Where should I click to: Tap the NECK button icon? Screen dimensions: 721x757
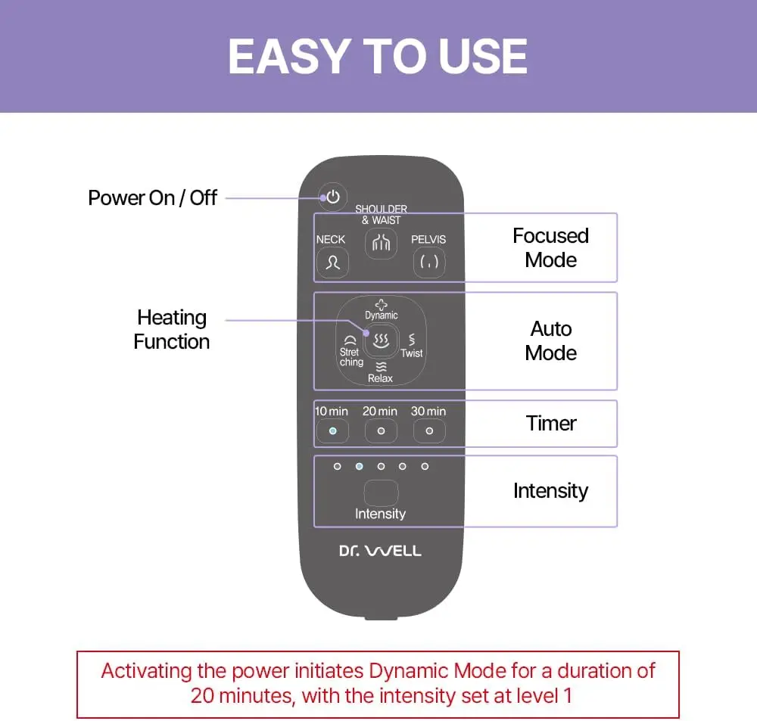click(332, 263)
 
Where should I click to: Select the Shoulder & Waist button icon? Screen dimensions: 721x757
click(380, 243)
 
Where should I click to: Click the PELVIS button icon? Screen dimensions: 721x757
click(428, 263)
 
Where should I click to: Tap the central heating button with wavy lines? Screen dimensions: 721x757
click(380, 340)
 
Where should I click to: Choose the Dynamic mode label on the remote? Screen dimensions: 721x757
click(381, 315)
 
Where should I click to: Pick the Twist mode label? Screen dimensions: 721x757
click(412, 353)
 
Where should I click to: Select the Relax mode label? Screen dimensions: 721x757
click(380, 378)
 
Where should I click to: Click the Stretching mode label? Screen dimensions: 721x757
click(350, 356)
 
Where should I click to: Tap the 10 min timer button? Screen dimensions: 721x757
click(332, 430)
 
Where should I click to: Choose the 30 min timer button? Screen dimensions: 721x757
click(429, 430)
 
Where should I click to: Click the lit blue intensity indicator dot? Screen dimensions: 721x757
click(360, 466)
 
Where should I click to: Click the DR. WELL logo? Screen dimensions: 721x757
click(380, 551)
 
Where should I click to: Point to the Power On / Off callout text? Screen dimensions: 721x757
click(153, 198)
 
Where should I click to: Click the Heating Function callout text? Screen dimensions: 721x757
click(172, 329)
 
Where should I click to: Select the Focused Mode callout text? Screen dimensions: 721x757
click(550, 247)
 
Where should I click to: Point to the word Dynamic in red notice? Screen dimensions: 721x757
click(409, 671)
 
